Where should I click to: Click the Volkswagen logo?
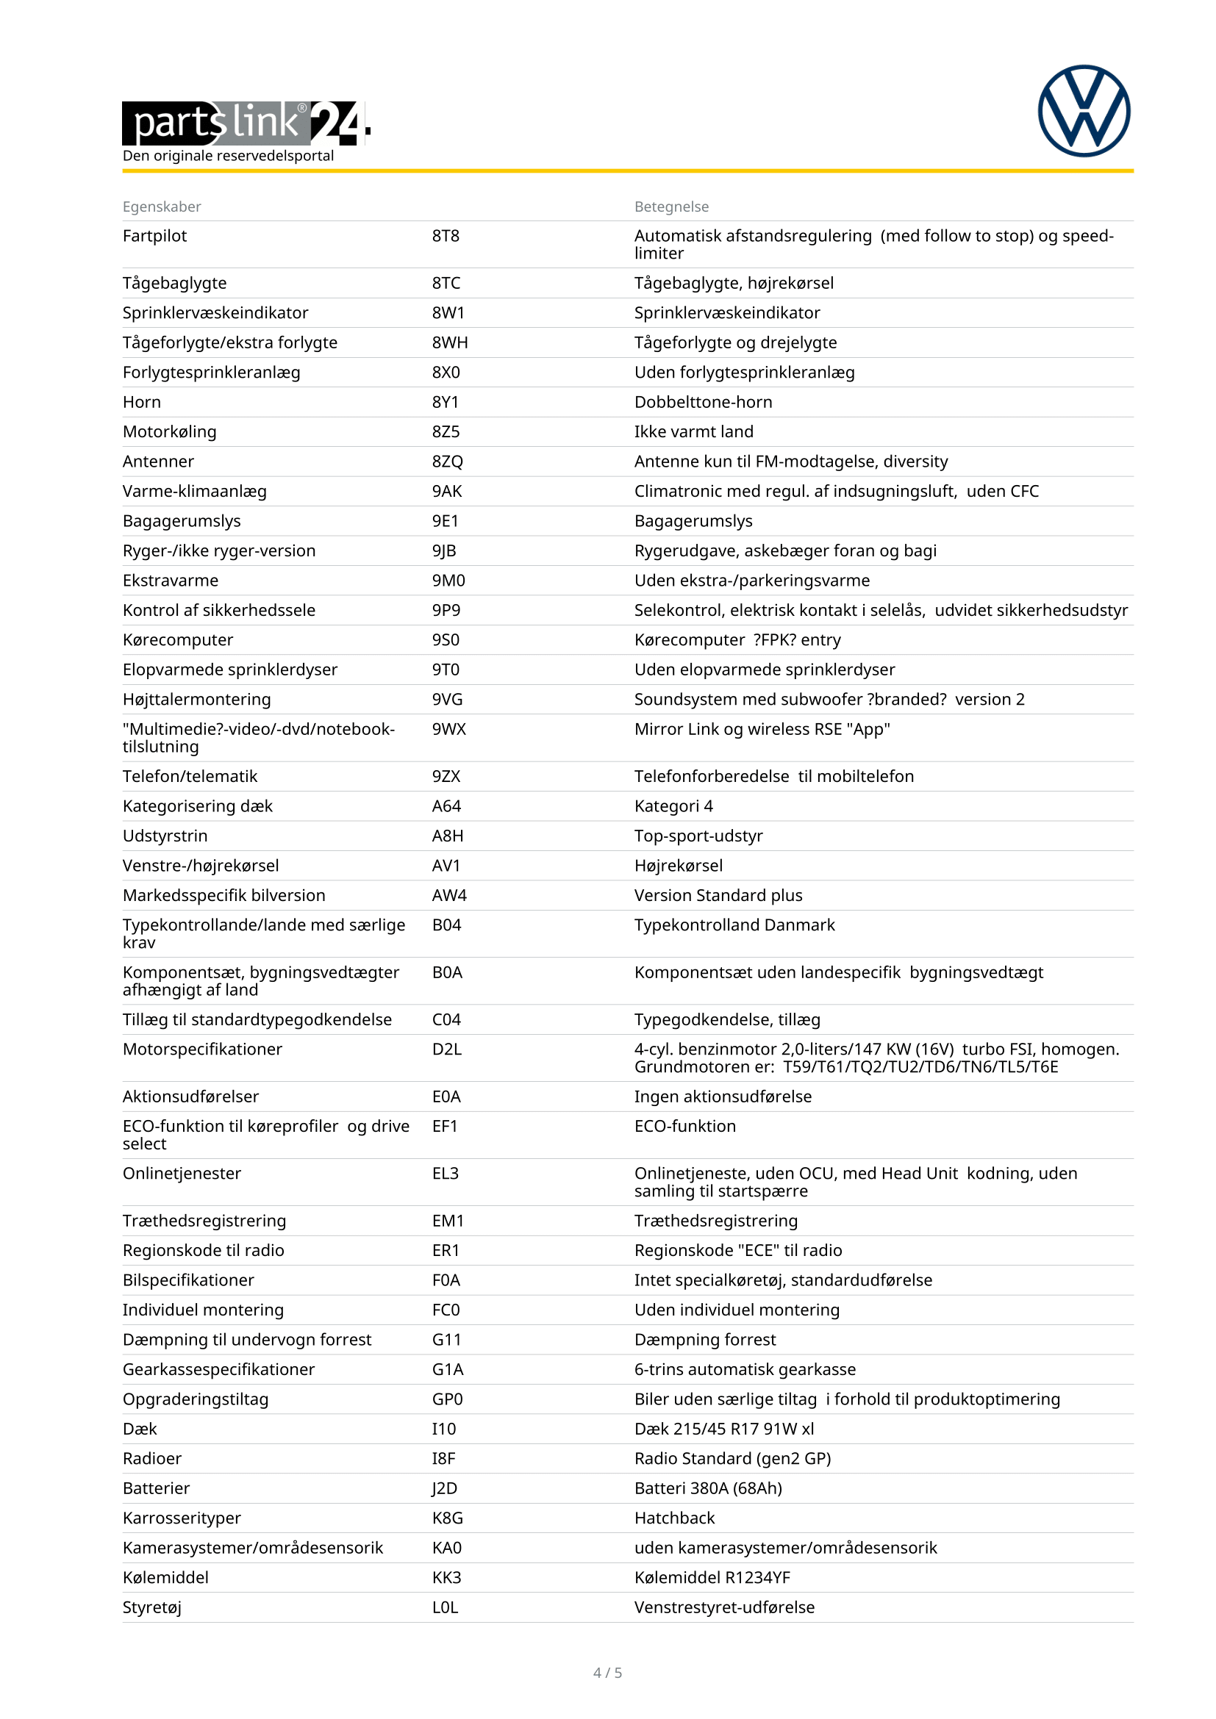pyautogui.click(x=1084, y=111)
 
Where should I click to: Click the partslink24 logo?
pyautogui.click(x=246, y=122)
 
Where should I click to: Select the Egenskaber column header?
pyautogui.click(x=162, y=207)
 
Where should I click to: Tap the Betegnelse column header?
pyautogui.click(x=671, y=207)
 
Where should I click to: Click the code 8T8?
pyautogui.click(x=446, y=236)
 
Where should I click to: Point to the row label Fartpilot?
pyautogui.click(x=154, y=236)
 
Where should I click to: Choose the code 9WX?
pyautogui.click(x=448, y=729)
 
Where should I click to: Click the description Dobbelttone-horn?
pyautogui.click(x=703, y=402)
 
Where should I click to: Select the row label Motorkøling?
pyautogui.click(x=169, y=432)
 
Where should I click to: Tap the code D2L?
pyautogui.click(x=446, y=1049)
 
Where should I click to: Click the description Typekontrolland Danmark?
pyautogui.click(x=734, y=925)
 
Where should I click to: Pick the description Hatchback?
pyautogui.click(x=674, y=1518)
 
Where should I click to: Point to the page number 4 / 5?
pyautogui.click(x=607, y=1673)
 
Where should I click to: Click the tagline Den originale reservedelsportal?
pyautogui.click(x=229, y=156)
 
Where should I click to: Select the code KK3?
pyautogui.click(x=446, y=1577)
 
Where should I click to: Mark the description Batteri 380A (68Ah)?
pyautogui.click(x=707, y=1488)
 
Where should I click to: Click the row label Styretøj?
pyautogui.click(x=152, y=1607)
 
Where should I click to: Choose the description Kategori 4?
pyautogui.click(x=673, y=806)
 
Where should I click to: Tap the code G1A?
pyautogui.click(x=448, y=1369)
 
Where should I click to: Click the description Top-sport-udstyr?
pyautogui.click(x=698, y=836)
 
